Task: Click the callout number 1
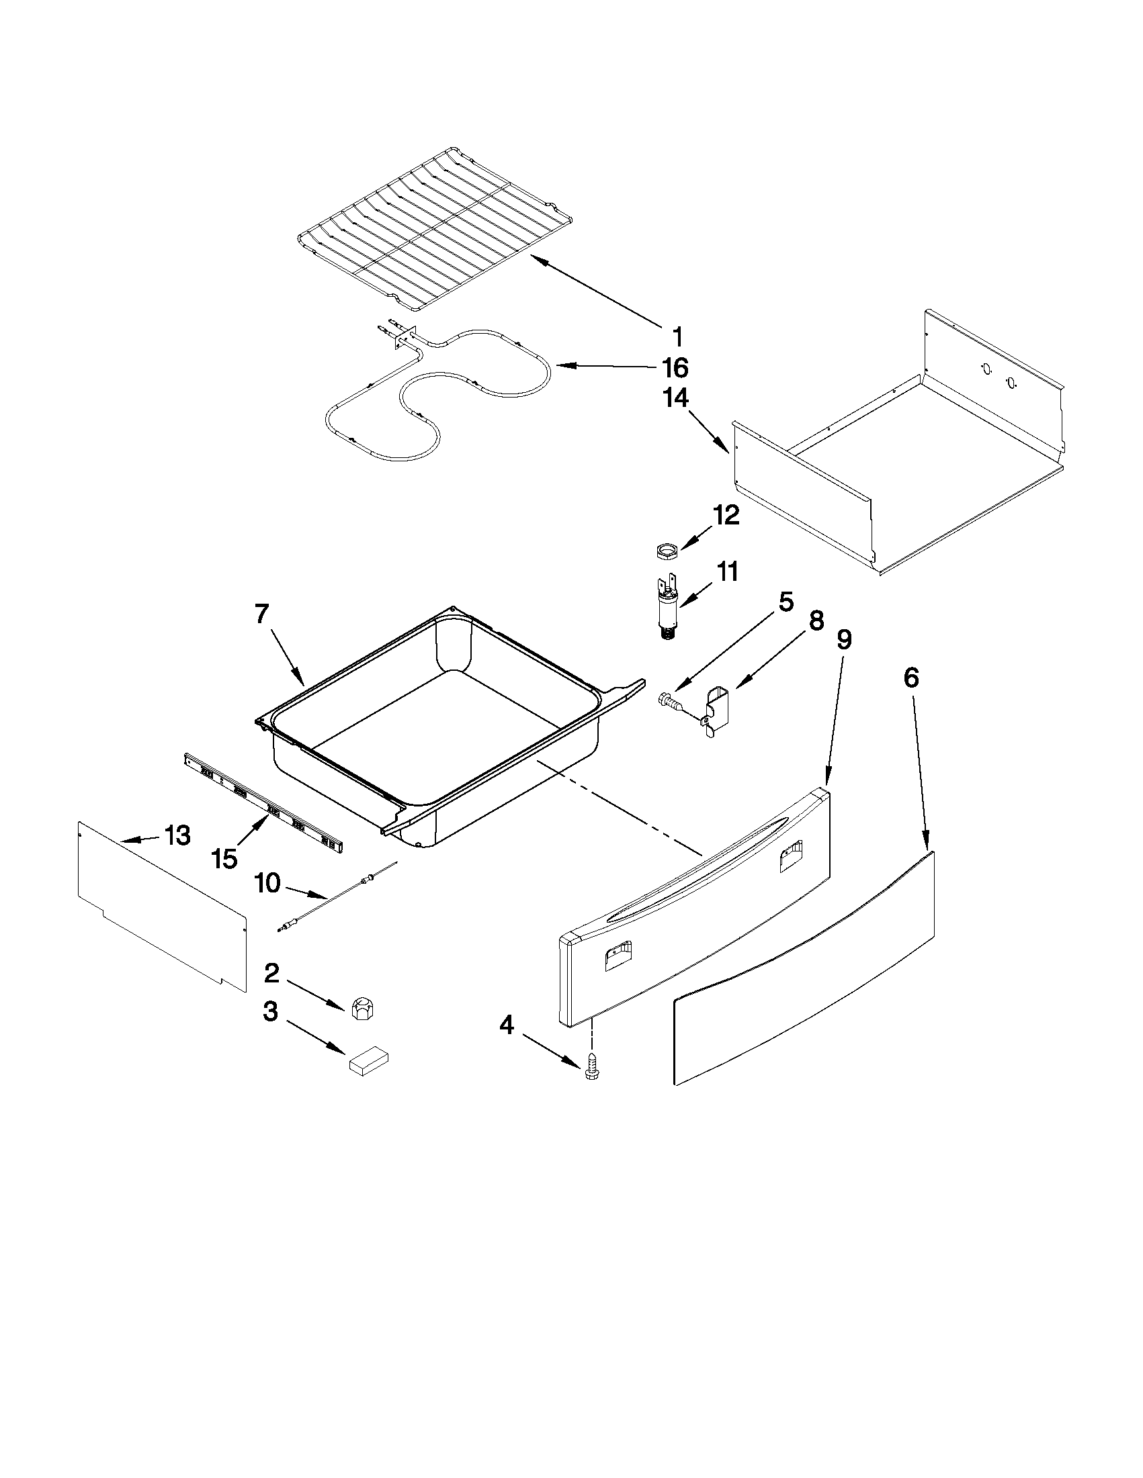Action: [677, 336]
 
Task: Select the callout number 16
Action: [675, 368]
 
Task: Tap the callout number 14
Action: [676, 399]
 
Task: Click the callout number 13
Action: [177, 836]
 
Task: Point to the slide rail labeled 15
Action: [264, 808]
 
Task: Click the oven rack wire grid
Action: [433, 230]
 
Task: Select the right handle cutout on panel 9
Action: [790, 858]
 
